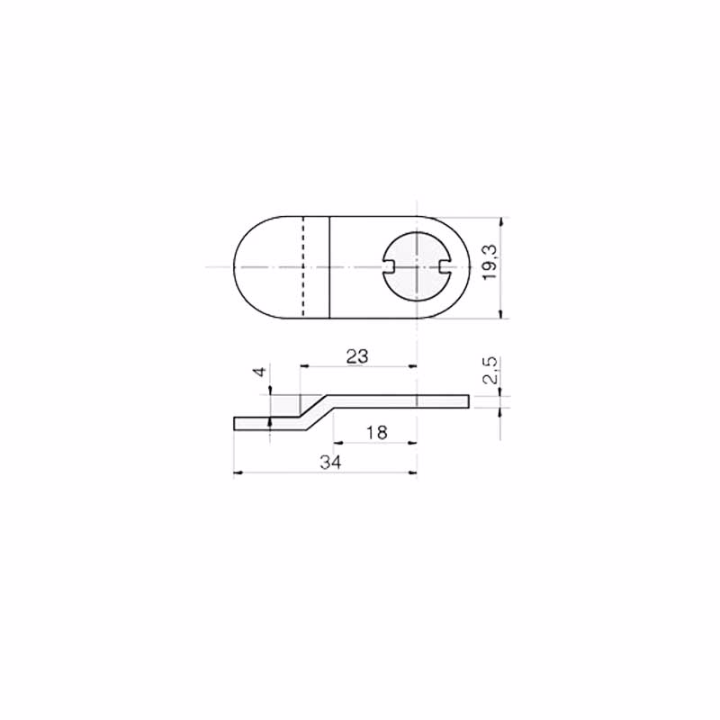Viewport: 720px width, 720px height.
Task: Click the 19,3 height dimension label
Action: click(490, 262)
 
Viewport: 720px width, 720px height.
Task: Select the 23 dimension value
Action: click(357, 356)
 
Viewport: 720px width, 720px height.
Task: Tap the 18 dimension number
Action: click(376, 432)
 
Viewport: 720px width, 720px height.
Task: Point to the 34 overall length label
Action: click(330, 463)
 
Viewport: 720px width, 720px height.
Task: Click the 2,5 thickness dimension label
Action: click(490, 370)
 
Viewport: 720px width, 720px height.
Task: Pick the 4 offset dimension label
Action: click(260, 372)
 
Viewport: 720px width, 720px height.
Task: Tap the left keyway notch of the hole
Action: click(388, 266)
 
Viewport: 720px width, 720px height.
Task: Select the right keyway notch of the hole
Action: click(445, 266)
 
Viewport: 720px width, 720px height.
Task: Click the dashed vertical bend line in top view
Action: click(303, 266)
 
